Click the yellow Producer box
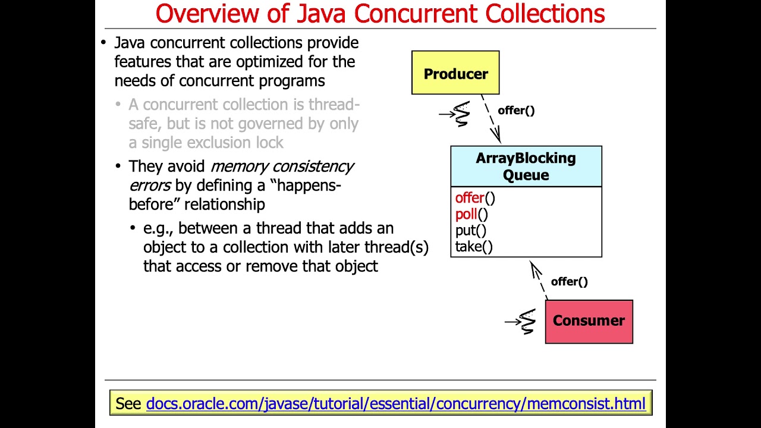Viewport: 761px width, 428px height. [455, 73]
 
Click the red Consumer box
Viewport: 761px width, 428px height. [589, 322]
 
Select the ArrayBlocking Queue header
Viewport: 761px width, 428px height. [526, 166]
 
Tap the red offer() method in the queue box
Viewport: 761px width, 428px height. [474, 198]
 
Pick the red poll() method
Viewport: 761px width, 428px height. [471, 214]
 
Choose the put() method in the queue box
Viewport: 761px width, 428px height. [470, 230]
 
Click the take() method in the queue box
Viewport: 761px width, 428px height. [474, 246]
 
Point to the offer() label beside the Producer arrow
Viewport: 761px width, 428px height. [516, 111]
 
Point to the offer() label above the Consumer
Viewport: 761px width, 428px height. [569, 282]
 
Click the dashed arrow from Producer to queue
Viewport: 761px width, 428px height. [491, 119]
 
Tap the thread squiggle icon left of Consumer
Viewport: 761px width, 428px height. [526, 322]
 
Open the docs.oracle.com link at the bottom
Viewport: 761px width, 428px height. [395, 404]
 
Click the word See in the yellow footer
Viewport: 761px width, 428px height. [128, 404]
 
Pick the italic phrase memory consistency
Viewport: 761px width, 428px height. [282, 166]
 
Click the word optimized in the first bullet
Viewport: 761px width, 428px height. [271, 62]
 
